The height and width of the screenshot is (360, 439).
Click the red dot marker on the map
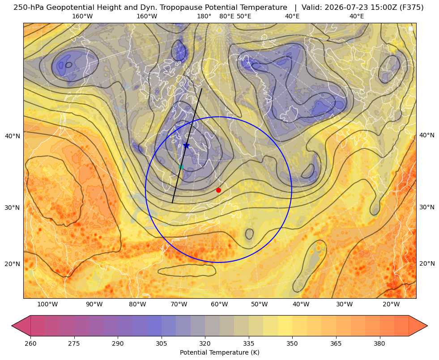point(219,190)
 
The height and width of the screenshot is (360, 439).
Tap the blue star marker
point(186,145)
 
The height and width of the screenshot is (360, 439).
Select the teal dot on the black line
point(181,167)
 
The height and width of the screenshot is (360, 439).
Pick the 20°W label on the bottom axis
point(391,304)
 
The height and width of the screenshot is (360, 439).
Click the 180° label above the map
point(204,16)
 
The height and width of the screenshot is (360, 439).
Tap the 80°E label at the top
point(226,16)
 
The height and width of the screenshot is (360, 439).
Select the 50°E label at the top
point(244,16)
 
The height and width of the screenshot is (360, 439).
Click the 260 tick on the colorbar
point(30,343)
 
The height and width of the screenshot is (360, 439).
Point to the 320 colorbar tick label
point(205,343)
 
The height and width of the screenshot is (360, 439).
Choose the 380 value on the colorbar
point(379,343)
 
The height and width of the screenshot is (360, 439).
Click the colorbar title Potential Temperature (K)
point(219,352)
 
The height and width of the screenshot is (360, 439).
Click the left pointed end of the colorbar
point(12,326)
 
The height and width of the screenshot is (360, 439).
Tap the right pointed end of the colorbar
point(427,326)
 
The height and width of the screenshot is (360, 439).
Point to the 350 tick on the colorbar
point(292,343)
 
